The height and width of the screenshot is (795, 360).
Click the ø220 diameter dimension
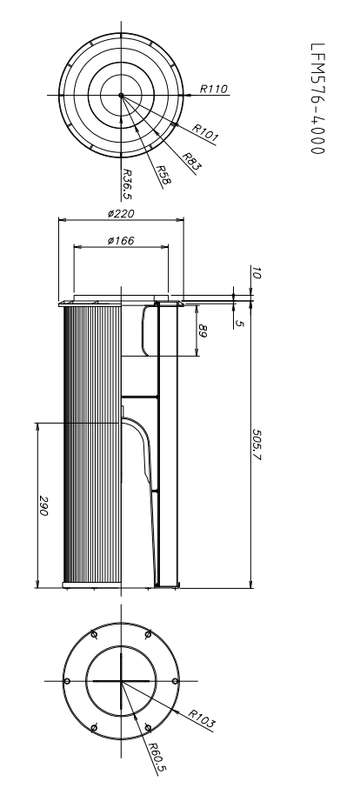pos(121,214)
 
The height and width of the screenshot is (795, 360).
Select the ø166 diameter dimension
pos(120,241)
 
